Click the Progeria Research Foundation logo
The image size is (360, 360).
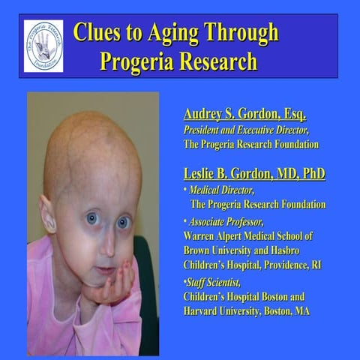[43, 46]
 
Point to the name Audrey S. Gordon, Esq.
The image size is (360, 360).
[244, 114]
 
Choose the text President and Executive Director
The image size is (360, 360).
[247, 129]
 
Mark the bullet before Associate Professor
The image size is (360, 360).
[185, 223]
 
